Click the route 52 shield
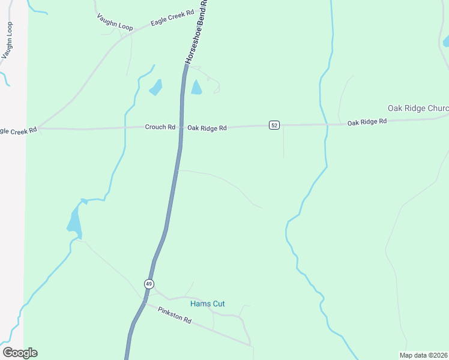click(x=274, y=125)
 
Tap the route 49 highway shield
click(x=149, y=283)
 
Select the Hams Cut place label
click(x=207, y=304)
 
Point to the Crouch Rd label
click(x=160, y=127)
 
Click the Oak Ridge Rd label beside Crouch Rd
click(x=206, y=128)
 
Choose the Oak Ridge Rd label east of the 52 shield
click(x=367, y=122)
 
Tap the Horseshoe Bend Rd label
click(x=196, y=32)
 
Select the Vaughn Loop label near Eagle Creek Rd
click(x=114, y=23)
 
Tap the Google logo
click(x=20, y=353)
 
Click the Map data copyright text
click(x=423, y=355)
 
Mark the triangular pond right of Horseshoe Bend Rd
click(x=196, y=88)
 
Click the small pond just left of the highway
click(x=156, y=88)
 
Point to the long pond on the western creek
click(x=74, y=220)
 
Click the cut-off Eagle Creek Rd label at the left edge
click(x=18, y=130)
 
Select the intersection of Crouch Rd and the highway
click(x=180, y=127)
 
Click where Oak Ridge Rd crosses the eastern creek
click(x=327, y=124)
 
